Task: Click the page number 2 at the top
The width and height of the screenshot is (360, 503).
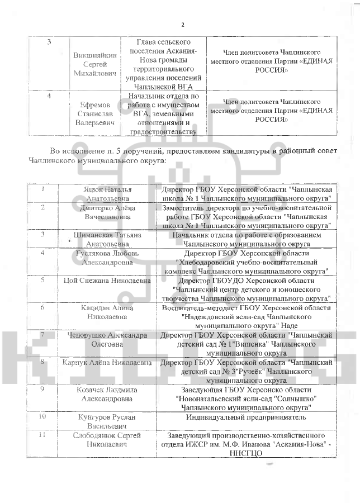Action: [182, 25]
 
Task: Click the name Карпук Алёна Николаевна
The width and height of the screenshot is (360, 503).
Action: [108, 362]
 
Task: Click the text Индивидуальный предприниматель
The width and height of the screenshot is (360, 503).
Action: [245, 417]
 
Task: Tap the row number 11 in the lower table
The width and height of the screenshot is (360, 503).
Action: [43, 435]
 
